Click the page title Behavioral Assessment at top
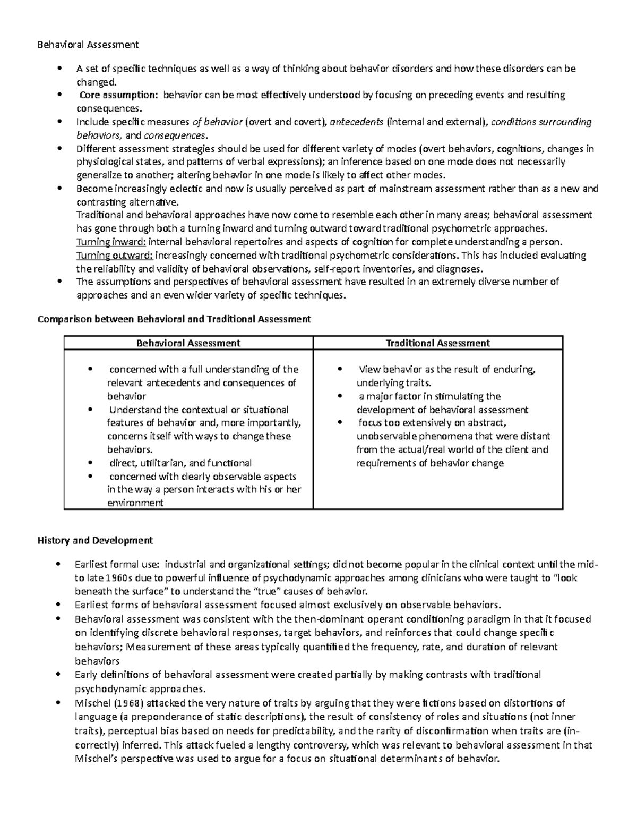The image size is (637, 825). click(88, 45)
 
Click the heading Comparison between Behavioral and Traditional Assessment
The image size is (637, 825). click(174, 319)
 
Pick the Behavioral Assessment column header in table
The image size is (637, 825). click(188, 343)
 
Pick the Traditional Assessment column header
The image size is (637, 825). click(437, 343)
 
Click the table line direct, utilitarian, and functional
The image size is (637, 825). click(180, 463)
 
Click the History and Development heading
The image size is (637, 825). click(95, 540)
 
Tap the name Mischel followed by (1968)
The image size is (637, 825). click(91, 703)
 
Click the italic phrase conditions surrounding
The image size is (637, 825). click(541, 122)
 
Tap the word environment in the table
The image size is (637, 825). click(135, 503)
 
